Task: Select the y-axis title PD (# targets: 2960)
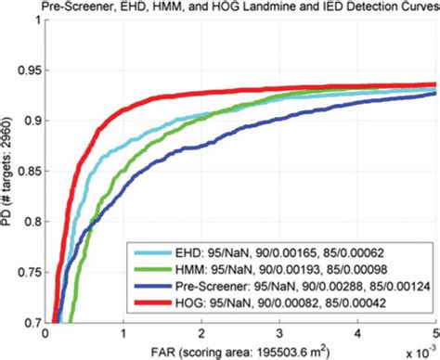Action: coord(7,171)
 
